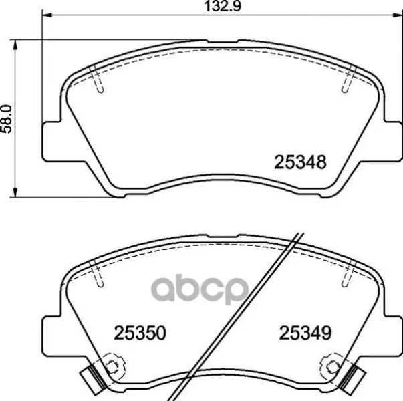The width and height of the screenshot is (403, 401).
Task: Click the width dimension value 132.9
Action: tap(223, 6)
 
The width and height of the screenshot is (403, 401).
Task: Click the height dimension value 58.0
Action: tap(6, 119)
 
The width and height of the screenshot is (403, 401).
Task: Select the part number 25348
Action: tap(300, 162)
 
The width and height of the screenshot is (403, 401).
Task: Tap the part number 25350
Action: tap(140, 333)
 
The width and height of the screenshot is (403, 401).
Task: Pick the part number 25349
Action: tap(305, 333)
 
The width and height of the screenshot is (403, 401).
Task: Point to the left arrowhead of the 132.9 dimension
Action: tap(47, 15)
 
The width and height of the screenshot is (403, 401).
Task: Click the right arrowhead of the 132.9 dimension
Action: tap(397, 15)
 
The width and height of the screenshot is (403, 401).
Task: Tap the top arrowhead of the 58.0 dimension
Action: tap(15, 45)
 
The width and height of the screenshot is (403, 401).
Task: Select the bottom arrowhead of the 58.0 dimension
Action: tap(15, 192)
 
